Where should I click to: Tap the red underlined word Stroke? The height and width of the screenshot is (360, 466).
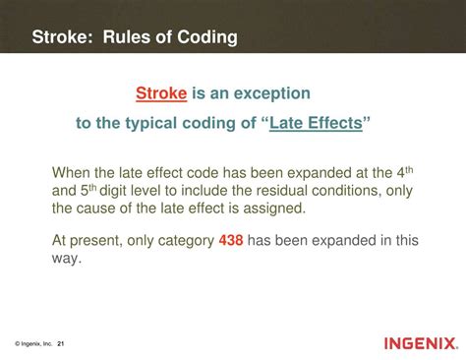(160, 93)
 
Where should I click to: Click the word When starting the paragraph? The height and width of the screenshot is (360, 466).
(73, 173)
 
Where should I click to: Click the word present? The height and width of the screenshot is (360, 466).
(94, 239)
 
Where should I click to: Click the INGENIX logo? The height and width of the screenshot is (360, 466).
(421, 343)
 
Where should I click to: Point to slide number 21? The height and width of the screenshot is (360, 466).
(61, 343)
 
